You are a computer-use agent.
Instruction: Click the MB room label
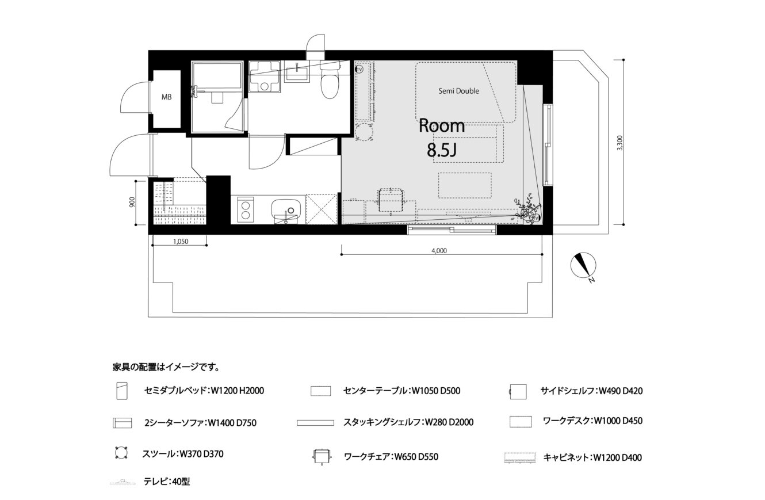click(x=166, y=97)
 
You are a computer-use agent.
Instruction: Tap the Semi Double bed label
click(x=458, y=91)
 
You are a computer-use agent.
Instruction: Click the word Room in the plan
click(x=442, y=126)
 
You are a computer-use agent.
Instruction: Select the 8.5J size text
click(x=442, y=150)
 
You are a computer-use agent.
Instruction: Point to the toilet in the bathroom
click(x=330, y=81)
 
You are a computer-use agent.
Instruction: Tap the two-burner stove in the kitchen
click(x=245, y=209)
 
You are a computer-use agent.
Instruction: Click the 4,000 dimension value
click(x=439, y=251)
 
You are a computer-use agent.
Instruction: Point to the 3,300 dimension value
click(x=621, y=143)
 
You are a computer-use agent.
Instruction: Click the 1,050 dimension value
click(x=181, y=242)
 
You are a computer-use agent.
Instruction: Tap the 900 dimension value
click(x=132, y=202)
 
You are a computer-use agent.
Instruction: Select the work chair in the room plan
click(x=391, y=200)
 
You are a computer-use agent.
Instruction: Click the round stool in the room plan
click(x=364, y=132)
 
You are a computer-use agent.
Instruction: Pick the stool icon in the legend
click(x=121, y=453)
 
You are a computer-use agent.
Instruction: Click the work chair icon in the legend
click(x=322, y=456)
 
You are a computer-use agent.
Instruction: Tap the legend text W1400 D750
click(x=232, y=423)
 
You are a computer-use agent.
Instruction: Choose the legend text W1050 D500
click(x=436, y=391)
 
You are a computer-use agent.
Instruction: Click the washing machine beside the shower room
click(x=265, y=77)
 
